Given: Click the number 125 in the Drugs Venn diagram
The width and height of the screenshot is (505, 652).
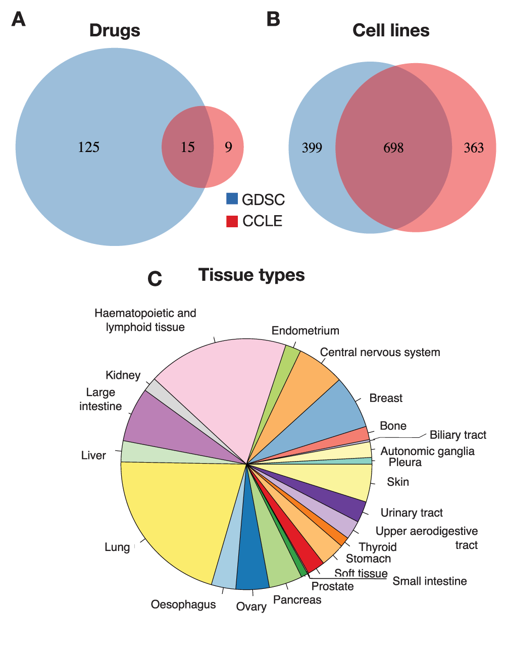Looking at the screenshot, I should (x=88, y=147).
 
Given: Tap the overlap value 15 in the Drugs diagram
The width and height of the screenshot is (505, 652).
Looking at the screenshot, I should (x=187, y=147).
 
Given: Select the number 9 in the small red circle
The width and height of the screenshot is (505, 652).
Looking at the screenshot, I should (x=229, y=147).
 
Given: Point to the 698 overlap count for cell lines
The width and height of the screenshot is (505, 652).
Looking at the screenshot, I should (x=393, y=147).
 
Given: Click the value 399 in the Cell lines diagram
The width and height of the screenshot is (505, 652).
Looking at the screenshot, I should (x=312, y=147).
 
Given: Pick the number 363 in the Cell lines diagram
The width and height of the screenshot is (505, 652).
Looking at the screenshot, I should (x=474, y=147).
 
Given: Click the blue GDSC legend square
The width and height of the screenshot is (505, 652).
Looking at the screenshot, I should (x=232, y=198).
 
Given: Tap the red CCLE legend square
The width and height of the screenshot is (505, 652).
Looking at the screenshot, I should (x=232, y=221).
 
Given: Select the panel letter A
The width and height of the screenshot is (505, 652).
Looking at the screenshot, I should (x=18, y=19).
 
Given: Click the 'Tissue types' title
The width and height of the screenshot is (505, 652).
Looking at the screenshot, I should (x=251, y=275).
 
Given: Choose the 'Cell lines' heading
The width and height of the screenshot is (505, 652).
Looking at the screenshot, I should (x=391, y=30).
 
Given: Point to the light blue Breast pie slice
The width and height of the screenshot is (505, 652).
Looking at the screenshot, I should (x=328, y=414).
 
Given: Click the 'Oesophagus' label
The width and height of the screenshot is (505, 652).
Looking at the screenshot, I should (x=183, y=605).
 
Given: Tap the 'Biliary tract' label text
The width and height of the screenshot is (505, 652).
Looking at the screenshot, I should (x=458, y=435).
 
